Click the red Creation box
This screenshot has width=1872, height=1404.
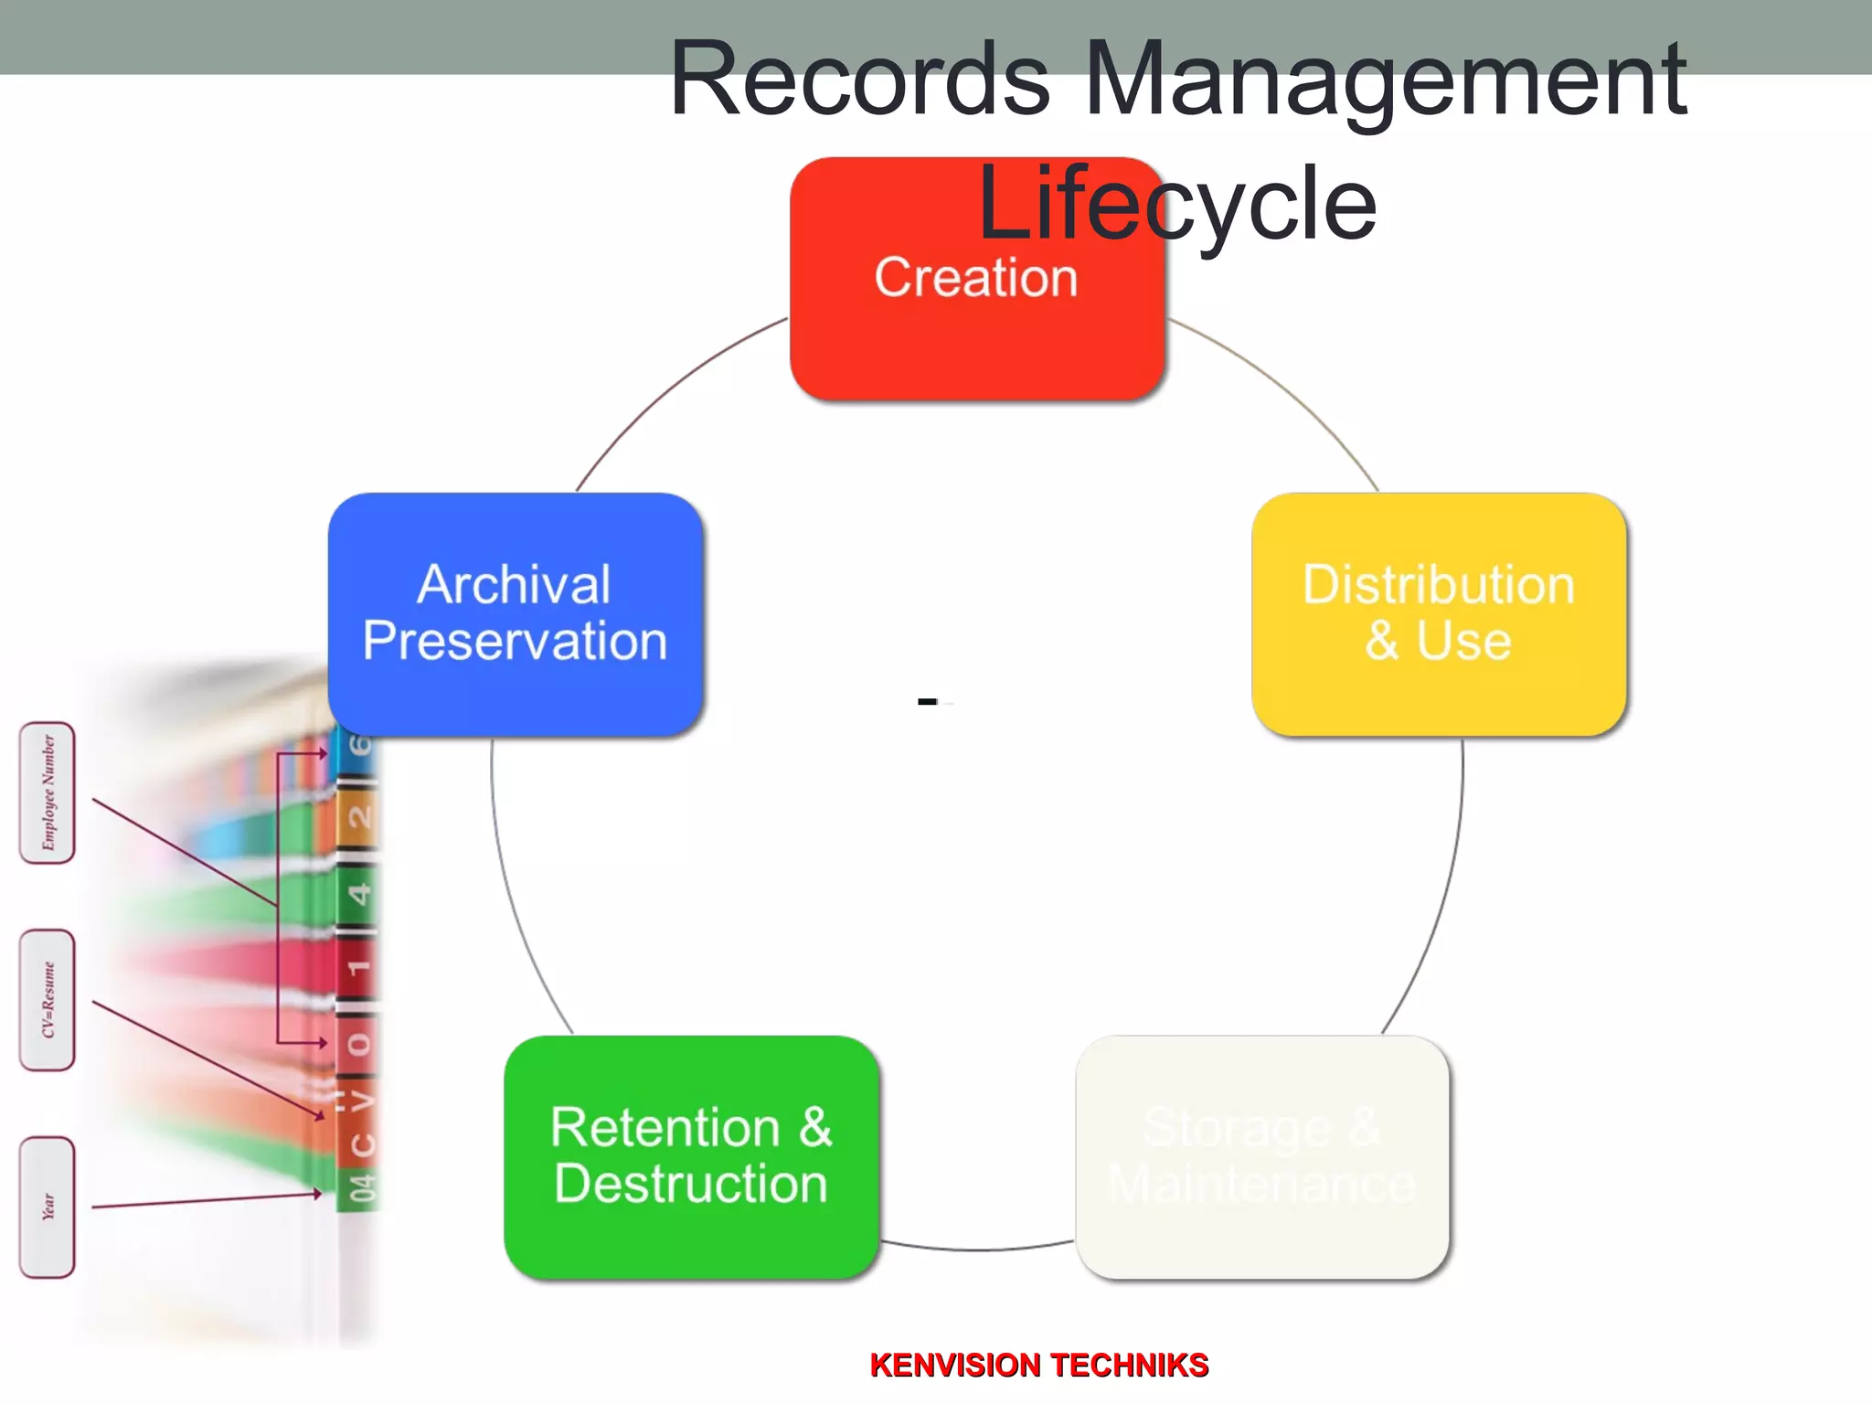coord(976,338)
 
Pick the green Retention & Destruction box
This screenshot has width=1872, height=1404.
coord(691,1156)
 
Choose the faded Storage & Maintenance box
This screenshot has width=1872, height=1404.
coord(1262,1156)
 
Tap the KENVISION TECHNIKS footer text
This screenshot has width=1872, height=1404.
coord(1039,1365)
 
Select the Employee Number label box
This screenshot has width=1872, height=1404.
coord(48,792)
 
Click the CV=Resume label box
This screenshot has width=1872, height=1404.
coord(48,1000)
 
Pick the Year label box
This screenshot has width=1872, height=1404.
coord(48,1207)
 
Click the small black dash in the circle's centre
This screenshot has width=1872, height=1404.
coord(927,702)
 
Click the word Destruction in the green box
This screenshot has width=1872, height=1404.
coord(691,1185)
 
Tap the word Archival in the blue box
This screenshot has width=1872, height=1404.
coord(514,585)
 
